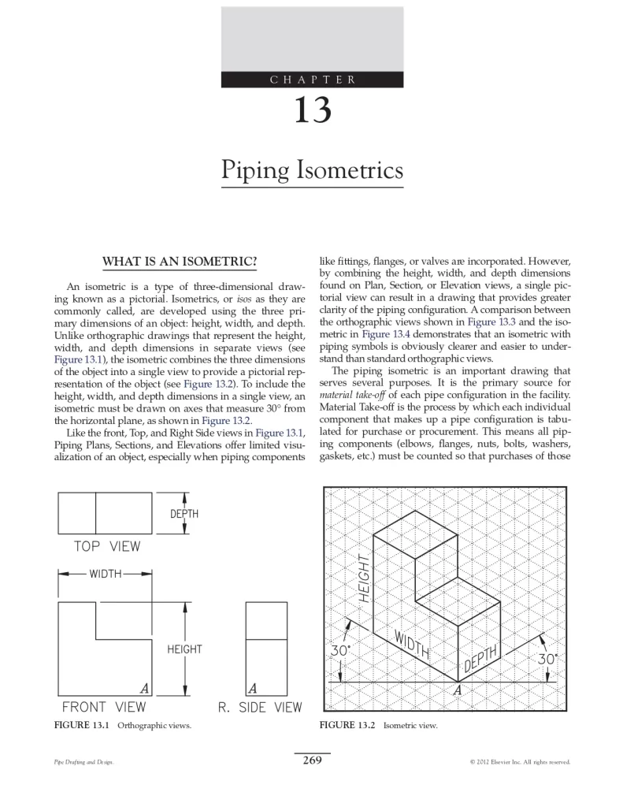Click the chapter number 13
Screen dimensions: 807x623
312,110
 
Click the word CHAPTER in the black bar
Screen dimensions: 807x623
312,80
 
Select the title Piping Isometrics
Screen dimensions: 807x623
312,170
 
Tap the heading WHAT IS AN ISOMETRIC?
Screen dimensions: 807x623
180,262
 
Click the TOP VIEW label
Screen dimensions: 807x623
107,546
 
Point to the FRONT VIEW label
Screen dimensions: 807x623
104,707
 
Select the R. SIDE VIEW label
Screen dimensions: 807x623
260,707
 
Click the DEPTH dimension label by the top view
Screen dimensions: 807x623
184,514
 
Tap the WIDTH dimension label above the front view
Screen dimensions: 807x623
105,574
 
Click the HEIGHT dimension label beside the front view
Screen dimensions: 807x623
184,649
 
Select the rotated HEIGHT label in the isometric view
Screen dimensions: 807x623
364,578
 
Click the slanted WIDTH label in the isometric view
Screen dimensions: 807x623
412,645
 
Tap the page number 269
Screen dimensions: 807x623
312,761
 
